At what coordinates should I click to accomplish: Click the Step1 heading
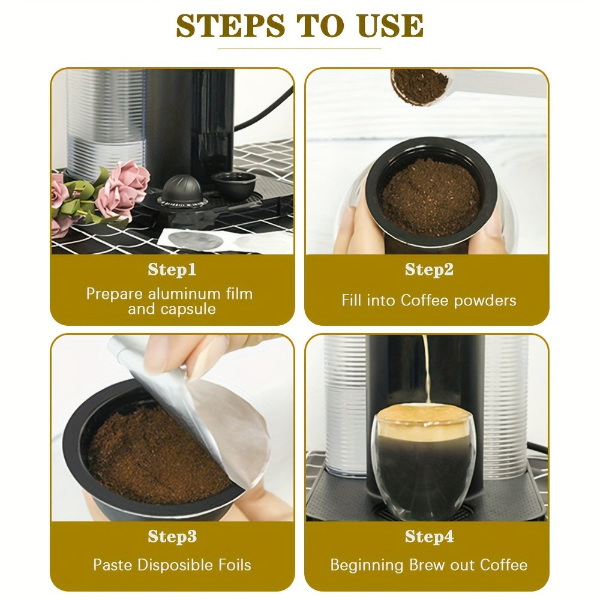pyautogui.click(x=172, y=269)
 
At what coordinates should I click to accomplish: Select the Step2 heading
pyautogui.click(x=429, y=269)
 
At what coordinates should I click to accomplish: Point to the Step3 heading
pyautogui.click(x=172, y=536)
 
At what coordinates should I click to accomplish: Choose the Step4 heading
pyautogui.click(x=430, y=536)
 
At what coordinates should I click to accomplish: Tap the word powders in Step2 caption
pyautogui.click(x=485, y=301)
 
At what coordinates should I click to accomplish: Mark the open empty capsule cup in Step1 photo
pyautogui.click(x=234, y=185)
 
